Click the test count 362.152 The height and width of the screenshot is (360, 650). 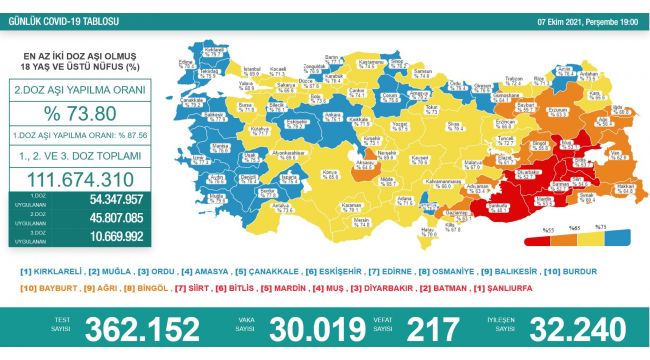[138, 328]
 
